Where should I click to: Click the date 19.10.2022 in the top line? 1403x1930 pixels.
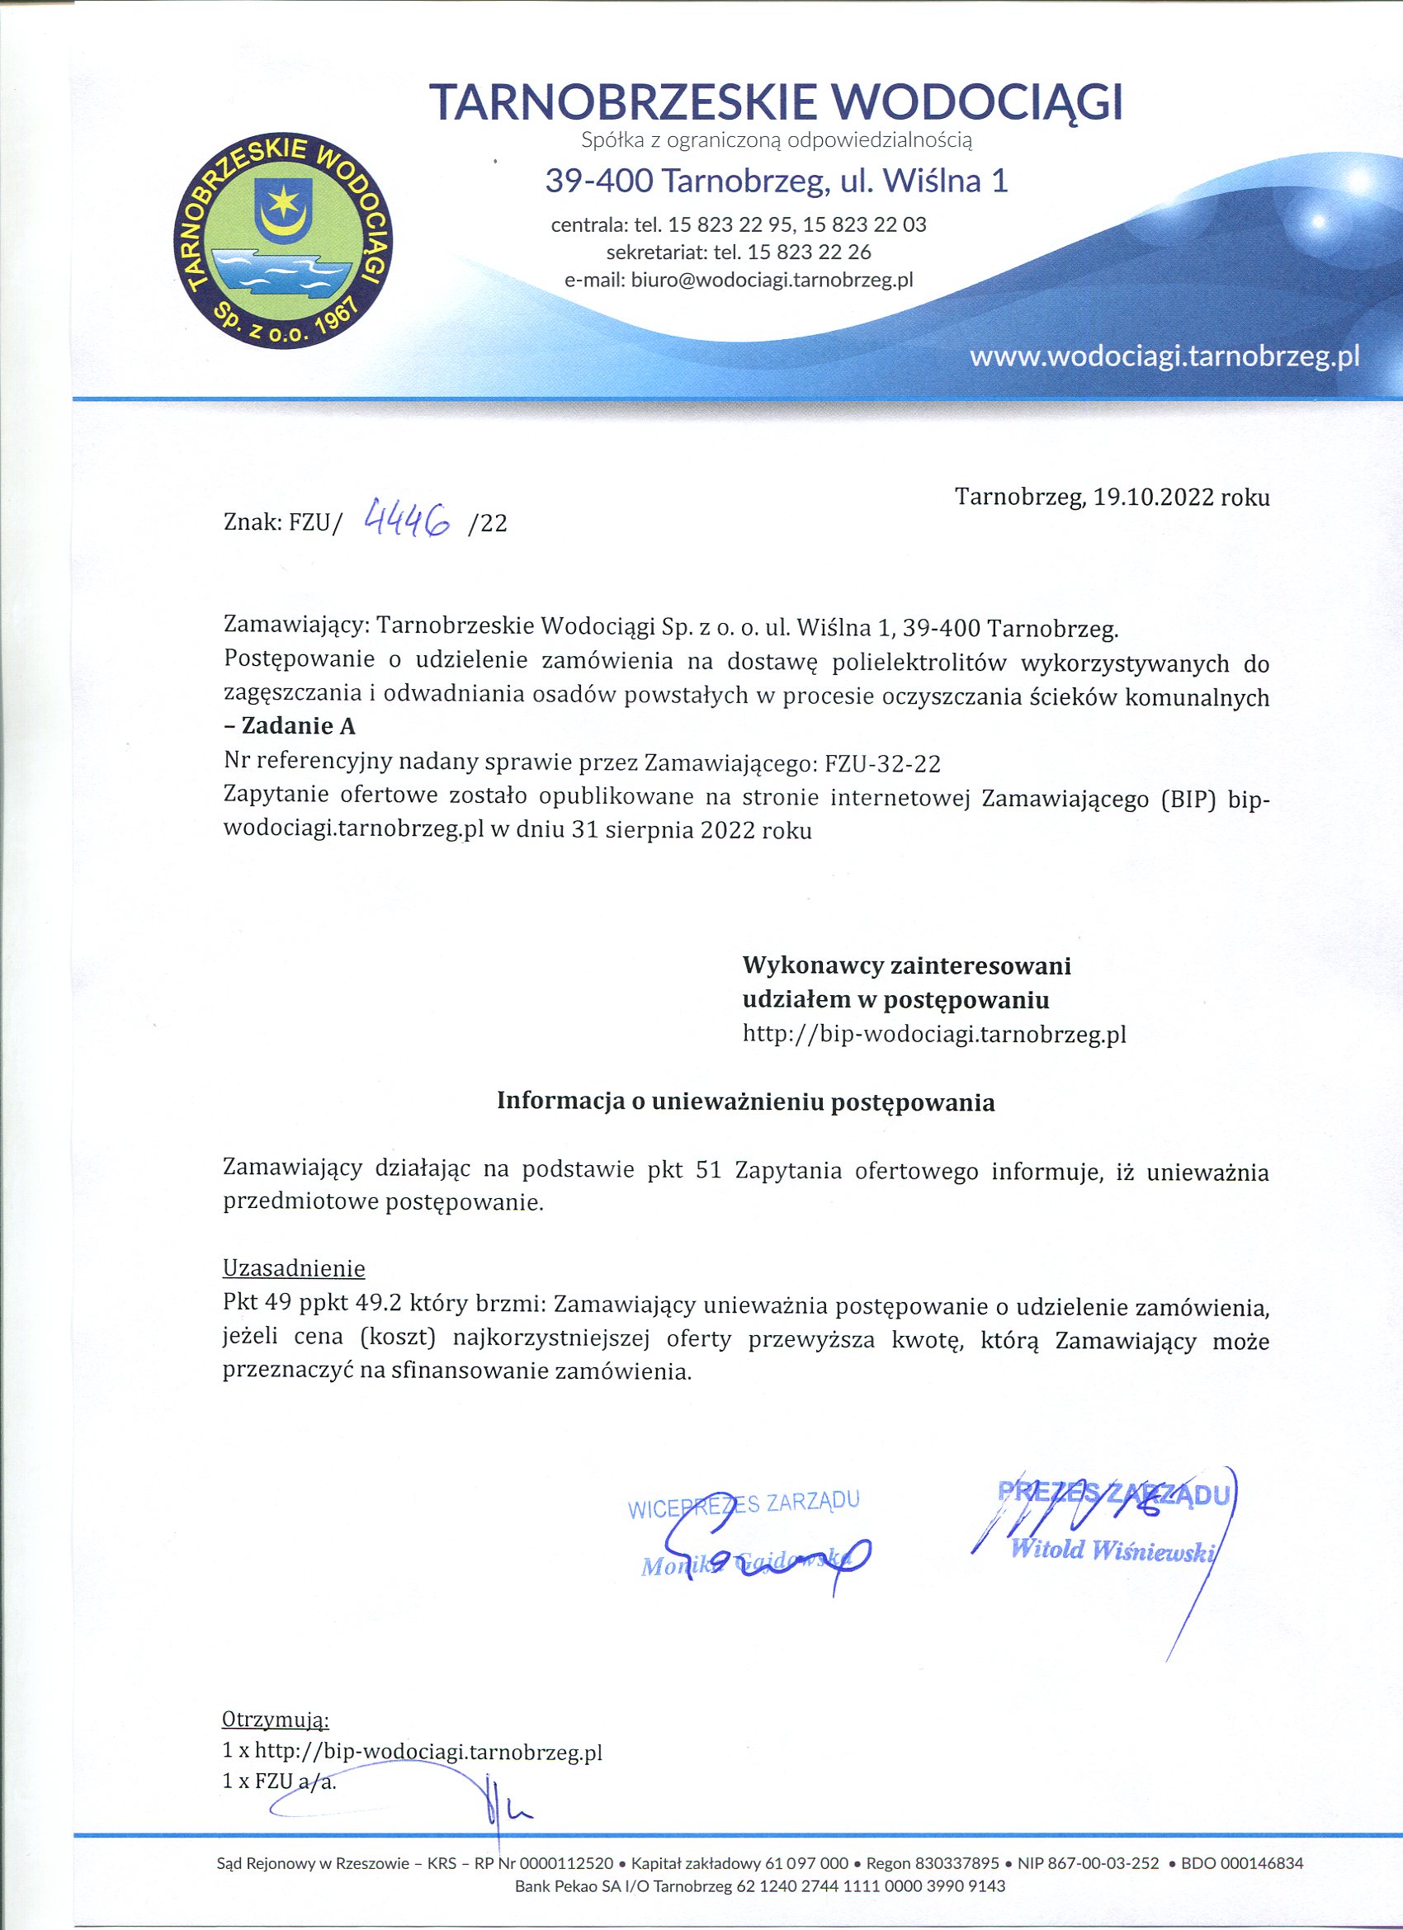[1153, 497]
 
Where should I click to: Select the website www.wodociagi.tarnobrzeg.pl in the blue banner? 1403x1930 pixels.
[1164, 356]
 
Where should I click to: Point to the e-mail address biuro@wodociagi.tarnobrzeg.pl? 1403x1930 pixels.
[772, 280]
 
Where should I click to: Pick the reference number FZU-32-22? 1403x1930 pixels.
[883, 763]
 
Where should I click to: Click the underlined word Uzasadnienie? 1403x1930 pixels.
[294, 1269]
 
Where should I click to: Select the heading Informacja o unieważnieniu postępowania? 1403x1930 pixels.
[745, 1102]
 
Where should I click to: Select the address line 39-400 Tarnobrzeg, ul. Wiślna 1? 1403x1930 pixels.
[776, 182]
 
